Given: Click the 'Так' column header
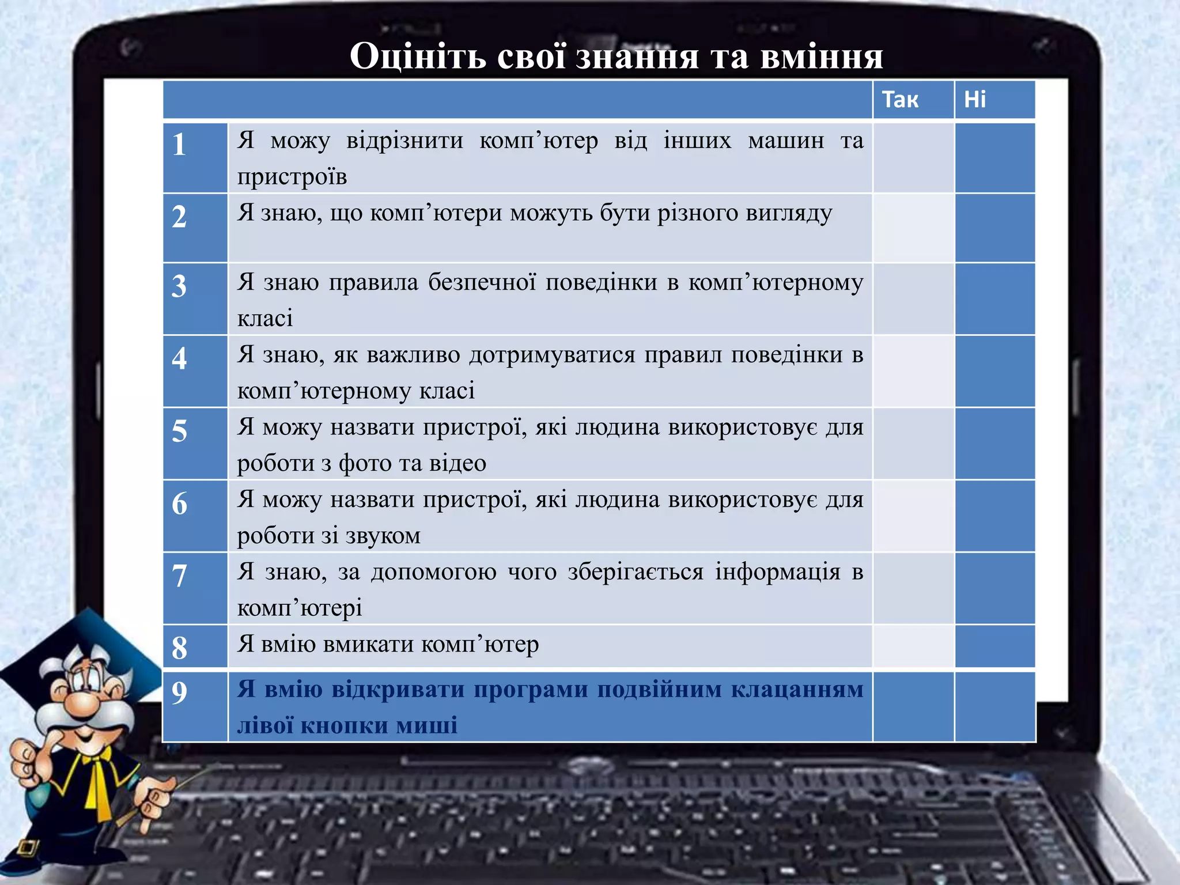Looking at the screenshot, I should pyautogui.click(x=900, y=100).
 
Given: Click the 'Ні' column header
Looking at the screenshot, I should pyautogui.click(x=975, y=100).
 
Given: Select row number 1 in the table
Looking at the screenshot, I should pyautogui.click(x=179, y=145).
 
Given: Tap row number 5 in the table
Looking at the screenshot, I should pyautogui.click(x=179, y=431).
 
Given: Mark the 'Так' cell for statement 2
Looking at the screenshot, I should pyautogui.click(x=913, y=228).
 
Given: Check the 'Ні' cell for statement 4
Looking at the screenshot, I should pyautogui.click(x=994, y=372).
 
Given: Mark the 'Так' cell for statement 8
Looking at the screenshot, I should pyautogui.click(x=913, y=646).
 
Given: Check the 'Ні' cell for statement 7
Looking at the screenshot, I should pyautogui.click(x=994, y=588).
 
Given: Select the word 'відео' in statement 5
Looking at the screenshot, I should pyautogui.click(x=460, y=463).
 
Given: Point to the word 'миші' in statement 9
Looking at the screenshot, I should pyautogui.click(x=427, y=725).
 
